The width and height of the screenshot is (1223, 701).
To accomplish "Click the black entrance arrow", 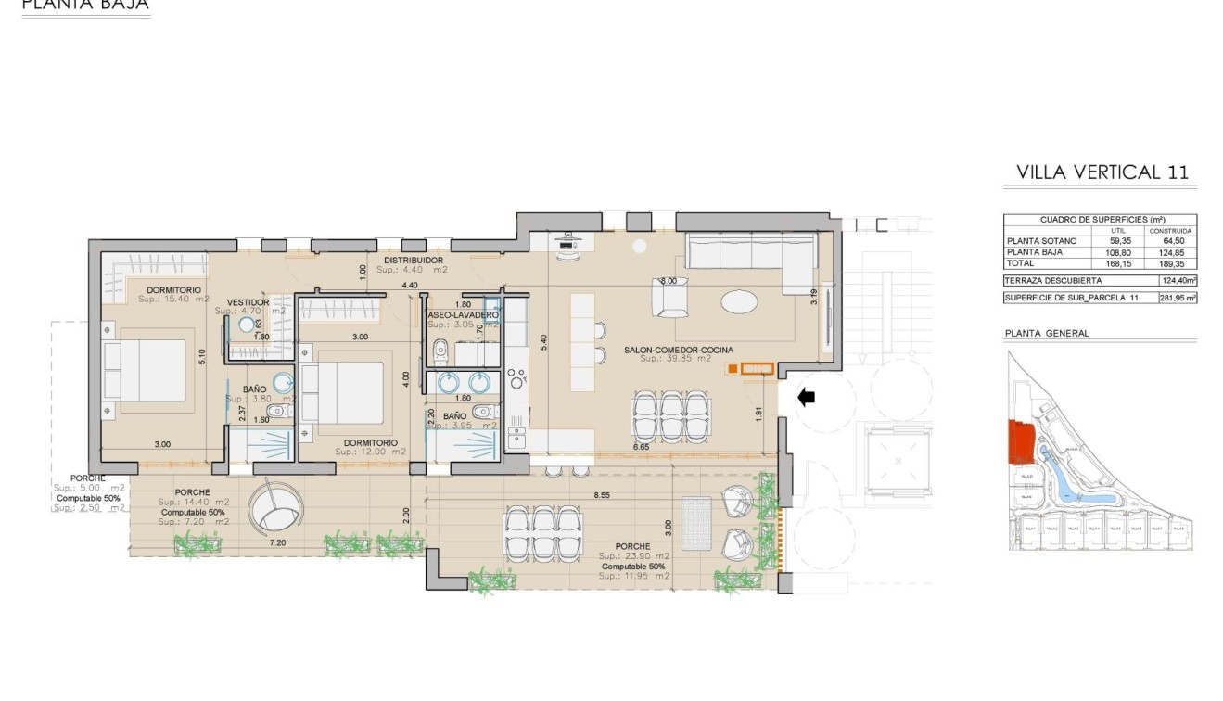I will click(807, 397).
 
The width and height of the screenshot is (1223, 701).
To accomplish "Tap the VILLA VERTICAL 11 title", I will click(1102, 172).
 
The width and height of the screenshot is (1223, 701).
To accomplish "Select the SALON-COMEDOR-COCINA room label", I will click(679, 350).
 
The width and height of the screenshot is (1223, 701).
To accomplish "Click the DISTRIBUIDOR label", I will click(414, 261).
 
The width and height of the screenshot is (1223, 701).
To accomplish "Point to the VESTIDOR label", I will click(248, 302).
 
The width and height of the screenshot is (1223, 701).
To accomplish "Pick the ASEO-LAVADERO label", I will click(463, 316).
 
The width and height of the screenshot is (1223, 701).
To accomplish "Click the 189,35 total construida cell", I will click(1171, 262).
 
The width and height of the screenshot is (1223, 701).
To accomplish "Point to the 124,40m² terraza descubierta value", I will click(1178, 280).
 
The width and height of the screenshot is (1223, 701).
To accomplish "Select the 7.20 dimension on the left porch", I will click(277, 542).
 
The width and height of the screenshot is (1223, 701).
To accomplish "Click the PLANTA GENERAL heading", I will click(1047, 333).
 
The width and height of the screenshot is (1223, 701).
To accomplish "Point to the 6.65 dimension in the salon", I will click(640, 447).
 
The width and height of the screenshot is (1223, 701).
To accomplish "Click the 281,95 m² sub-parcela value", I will click(1178, 298).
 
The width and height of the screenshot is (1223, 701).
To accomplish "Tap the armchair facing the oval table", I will click(670, 298).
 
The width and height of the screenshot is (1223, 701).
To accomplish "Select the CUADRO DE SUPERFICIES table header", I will click(1101, 220).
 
